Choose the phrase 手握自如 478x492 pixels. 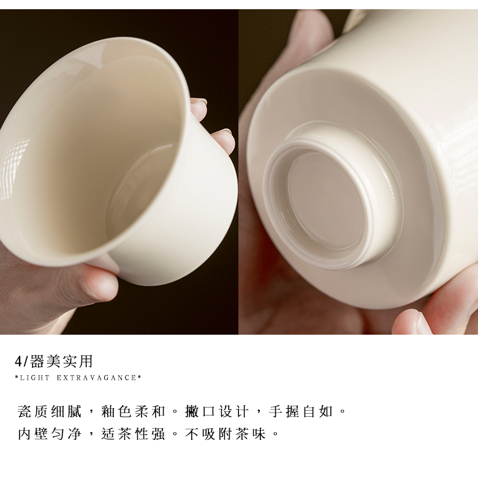(x=301, y=411)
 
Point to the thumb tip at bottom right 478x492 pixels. (x=411, y=321)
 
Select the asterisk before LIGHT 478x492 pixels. (x=17, y=378)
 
